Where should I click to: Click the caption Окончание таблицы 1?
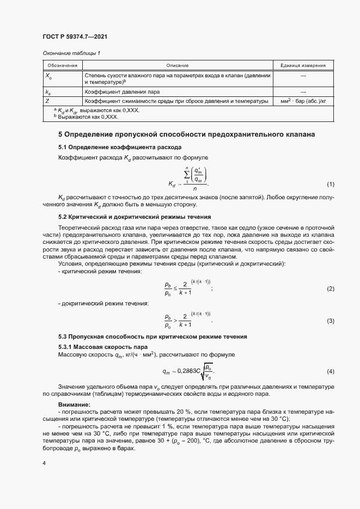pyautogui.click(x=71, y=53)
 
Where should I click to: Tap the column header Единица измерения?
pyautogui.click(x=303, y=65)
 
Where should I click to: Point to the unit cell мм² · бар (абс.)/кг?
pyautogui.click(x=303, y=101)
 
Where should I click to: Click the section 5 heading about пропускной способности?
pyautogui.click(x=186, y=134)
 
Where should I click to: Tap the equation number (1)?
pyautogui.click(x=330, y=184)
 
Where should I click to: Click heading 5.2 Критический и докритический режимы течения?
pyautogui.click(x=135, y=217)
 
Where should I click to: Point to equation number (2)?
pyautogui.click(x=330, y=288)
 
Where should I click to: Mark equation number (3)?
pyautogui.click(x=330, y=321)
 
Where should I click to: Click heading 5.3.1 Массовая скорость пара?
pyautogui.click(x=102, y=346)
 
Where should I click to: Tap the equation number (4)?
pyautogui.click(x=330, y=371)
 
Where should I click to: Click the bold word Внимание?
pyautogui.click(x=74, y=404)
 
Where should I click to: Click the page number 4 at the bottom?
pyautogui.click(x=44, y=463)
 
